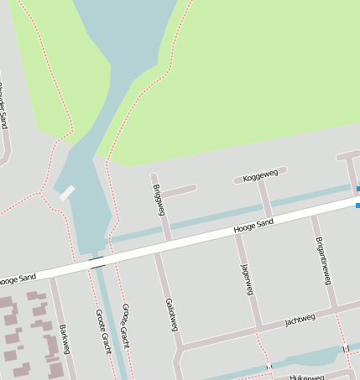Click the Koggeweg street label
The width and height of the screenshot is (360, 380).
[259, 176]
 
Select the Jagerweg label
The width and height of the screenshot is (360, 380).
[246, 279]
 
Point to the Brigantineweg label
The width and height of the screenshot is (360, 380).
[321, 260]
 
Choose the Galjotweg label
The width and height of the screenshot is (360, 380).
[171, 314]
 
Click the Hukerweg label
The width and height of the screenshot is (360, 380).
[306, 377]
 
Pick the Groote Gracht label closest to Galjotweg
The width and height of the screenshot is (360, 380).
[125, 325]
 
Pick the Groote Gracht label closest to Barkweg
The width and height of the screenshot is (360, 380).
[103, 331]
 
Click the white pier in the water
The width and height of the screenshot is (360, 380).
[66, 192]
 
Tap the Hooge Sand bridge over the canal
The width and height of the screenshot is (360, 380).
[97, 263]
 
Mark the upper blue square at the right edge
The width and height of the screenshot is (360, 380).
[358, 190]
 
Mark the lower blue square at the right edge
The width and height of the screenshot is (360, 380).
[358, 205]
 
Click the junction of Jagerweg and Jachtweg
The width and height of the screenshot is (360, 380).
[258, 327]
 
